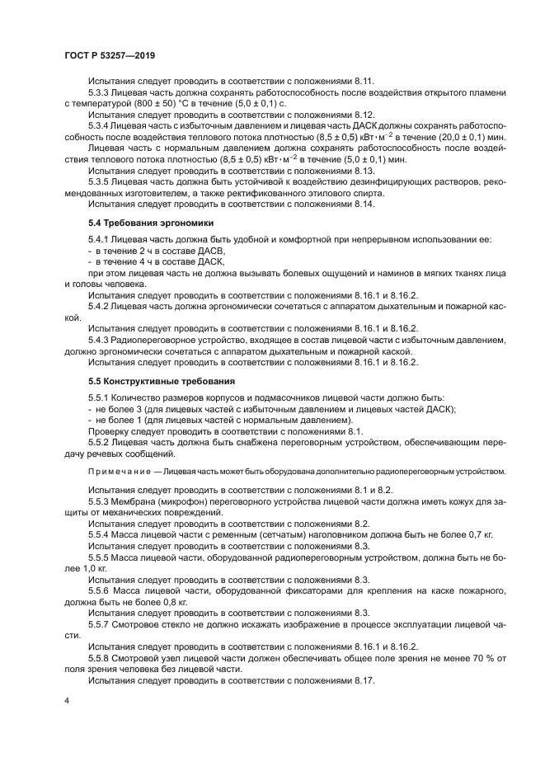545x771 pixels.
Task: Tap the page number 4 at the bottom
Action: (67, 699)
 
